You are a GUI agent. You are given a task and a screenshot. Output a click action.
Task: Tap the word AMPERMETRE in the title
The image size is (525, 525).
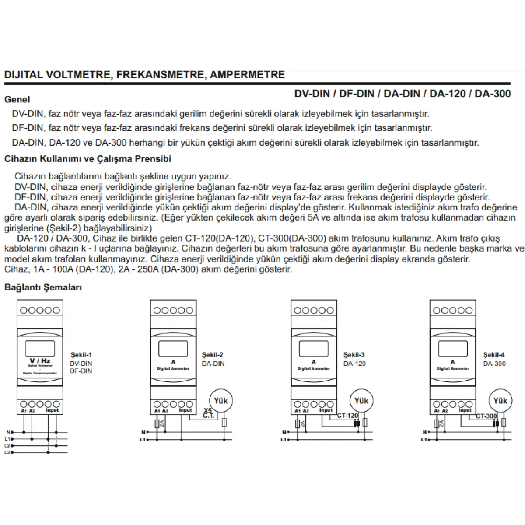(247, 75)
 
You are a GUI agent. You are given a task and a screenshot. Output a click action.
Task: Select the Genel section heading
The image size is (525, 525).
(17, 99)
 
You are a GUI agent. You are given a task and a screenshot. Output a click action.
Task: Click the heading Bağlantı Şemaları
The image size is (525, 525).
(43, 287)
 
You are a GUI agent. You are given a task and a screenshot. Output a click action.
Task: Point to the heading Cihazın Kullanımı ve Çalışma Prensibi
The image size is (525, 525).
(87, 159)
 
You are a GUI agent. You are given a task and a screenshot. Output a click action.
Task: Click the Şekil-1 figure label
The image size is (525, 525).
(81, 355)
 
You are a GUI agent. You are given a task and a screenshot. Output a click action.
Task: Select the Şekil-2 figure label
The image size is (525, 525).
(213, 355)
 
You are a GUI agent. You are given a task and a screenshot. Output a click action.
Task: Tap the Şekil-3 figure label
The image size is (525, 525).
(354, 355)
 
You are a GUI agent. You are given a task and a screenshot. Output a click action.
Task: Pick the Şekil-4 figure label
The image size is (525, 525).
(494, 355)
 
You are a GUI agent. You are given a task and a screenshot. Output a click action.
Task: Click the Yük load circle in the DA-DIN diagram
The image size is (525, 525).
(221, 400)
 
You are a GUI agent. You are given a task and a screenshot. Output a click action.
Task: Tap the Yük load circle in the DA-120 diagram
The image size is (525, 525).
(361, 401)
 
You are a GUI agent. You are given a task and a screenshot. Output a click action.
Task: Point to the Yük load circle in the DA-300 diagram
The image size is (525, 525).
(500, 401)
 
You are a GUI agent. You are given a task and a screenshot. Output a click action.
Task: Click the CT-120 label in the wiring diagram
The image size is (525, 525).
(347, 416)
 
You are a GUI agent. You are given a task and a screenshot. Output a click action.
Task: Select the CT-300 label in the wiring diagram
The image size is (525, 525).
(486, 416)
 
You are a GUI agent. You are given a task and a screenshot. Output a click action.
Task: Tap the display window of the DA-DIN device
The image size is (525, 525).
(173, 348)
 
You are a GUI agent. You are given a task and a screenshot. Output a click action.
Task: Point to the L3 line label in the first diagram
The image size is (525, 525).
(7, 452)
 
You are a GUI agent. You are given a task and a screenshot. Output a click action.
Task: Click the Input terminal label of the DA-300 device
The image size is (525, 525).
(465, 410)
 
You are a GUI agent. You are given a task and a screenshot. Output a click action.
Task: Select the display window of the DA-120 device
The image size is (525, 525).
(314, 348)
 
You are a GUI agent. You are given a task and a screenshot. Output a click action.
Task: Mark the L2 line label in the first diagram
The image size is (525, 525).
(7, 445)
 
